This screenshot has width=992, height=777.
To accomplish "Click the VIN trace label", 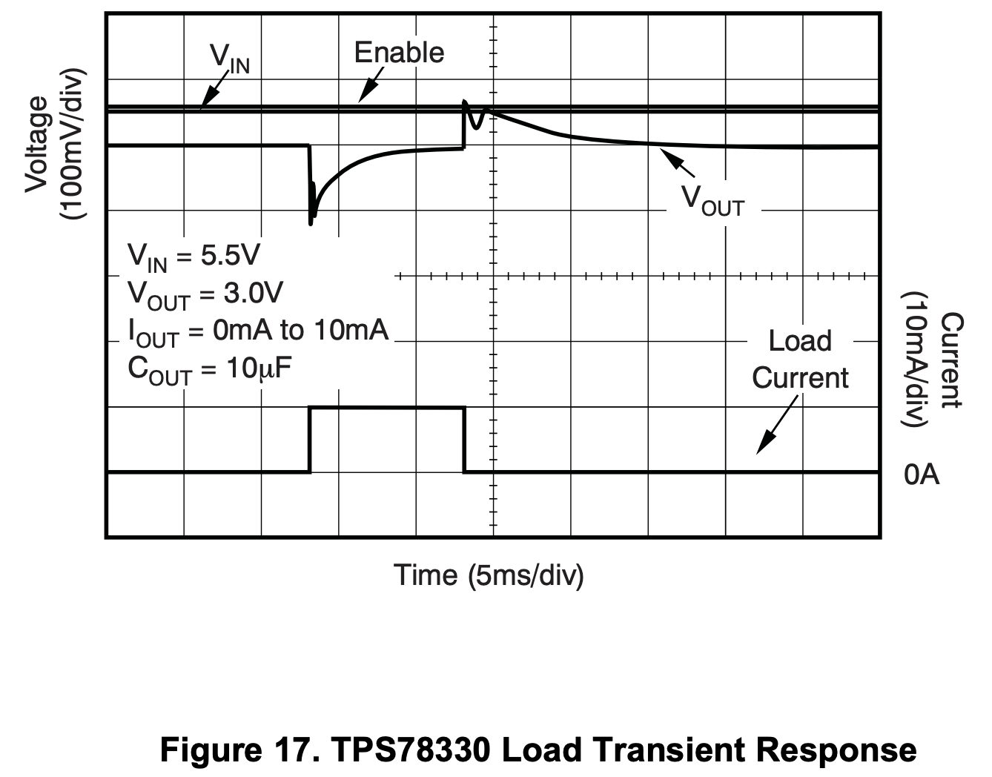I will pyautogui.click(x=230, y=59).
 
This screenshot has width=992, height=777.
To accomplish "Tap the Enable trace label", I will pyautogui.click(x=399, y=53).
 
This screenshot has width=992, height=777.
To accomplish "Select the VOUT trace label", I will pyautogui.click(x=712, y=200).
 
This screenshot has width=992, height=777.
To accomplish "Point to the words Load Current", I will pyautogui.click(x=799, y=359).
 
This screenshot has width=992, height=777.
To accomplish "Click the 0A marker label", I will pyautogui.click(x=922, y=475).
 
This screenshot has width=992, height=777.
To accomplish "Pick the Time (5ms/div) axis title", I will pyautogui.click(x=489, y=575).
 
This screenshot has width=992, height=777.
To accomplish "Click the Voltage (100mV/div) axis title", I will pyautogui.click(x=55, y=145).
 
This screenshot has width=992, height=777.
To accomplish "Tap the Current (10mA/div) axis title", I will pyautogui.click(x=933, y=360).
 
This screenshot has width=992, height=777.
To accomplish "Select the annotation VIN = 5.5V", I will pyautogui.click(x=194, y=257).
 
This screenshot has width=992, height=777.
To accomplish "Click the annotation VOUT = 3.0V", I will pyautogui.click(x=205, y=294).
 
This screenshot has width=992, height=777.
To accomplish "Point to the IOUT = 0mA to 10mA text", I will pyautogui.click(x=258, y=331).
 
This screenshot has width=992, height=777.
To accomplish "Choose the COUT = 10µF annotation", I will pyautogui.click(x=210, y=368).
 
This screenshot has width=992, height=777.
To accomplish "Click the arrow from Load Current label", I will pyautogui.click(x=776, y=425).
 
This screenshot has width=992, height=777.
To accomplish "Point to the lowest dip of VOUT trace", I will pyautogui.click(x=311, y=222).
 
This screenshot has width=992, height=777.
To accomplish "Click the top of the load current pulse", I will pyautogui.click(x=386, y=407).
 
